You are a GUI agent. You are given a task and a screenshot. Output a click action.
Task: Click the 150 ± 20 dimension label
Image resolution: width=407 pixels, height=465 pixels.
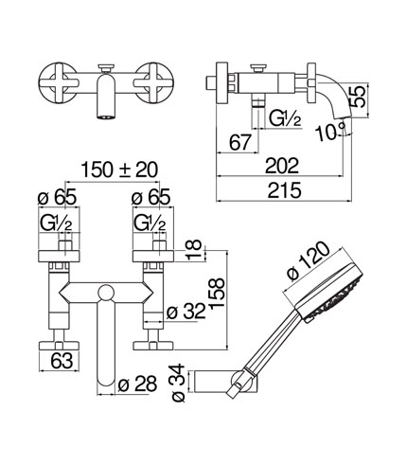(119, 170)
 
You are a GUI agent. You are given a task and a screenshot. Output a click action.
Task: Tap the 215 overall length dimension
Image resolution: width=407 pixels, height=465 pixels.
(284, 190)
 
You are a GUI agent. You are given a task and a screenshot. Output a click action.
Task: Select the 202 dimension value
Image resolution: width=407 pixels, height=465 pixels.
(281, 166)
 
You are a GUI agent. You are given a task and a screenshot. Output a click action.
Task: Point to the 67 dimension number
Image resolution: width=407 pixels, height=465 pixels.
(239, 142)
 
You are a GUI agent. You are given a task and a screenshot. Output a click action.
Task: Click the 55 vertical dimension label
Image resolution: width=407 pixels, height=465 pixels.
(358, 97)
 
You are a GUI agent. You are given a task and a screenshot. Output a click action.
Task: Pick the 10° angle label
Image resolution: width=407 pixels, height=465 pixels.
(330, 132)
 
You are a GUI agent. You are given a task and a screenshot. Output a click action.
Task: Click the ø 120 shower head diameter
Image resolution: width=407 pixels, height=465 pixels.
(309, 261)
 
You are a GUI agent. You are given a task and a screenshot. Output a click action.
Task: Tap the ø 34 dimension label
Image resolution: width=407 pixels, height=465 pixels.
(178, 383)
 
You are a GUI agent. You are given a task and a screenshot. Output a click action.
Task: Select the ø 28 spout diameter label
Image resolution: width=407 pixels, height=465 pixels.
(137, 384)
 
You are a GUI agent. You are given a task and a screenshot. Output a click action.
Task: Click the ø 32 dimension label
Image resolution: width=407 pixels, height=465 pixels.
(186, 312)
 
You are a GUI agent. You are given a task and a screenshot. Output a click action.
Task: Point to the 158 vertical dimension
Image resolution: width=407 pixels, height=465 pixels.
(217, 293)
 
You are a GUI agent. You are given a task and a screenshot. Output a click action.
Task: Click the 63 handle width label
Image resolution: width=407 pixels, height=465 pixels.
(62, 360)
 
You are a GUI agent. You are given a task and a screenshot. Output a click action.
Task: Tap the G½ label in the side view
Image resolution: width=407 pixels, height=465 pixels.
(285, 118)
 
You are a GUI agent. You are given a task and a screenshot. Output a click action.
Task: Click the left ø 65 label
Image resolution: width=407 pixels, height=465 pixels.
(57, 198)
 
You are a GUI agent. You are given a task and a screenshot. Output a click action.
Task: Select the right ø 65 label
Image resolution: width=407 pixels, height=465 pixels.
(150, 197)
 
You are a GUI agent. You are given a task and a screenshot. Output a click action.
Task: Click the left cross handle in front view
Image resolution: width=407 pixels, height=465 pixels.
(59, 82)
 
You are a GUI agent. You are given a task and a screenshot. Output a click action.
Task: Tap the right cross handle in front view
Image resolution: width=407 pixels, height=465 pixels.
(153, 83)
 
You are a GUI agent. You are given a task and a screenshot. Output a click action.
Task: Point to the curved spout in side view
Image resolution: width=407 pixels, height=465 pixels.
(335, 97)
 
